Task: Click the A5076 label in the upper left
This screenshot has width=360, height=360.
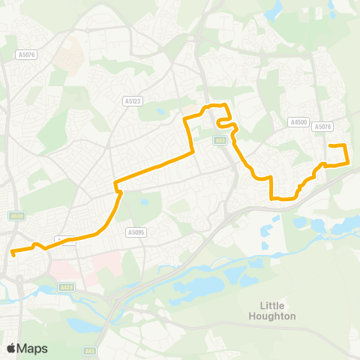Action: [x=27, y=54]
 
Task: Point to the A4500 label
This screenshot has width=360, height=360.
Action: [x=298, y=121]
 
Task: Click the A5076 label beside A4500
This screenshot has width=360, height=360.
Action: [x=323, y=127]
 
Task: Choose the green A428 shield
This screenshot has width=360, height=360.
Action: [x=66, y=287]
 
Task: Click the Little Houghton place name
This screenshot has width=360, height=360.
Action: [x=277, y=310]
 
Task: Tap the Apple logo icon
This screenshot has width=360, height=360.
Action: [x=11, y=348]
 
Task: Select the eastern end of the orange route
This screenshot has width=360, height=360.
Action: [x=331, y=145]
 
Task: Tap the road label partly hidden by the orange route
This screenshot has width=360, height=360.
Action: [x=66, y=240]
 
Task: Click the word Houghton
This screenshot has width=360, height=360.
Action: [x=277, y=316]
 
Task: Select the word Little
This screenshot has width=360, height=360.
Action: [x=277, y=305]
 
